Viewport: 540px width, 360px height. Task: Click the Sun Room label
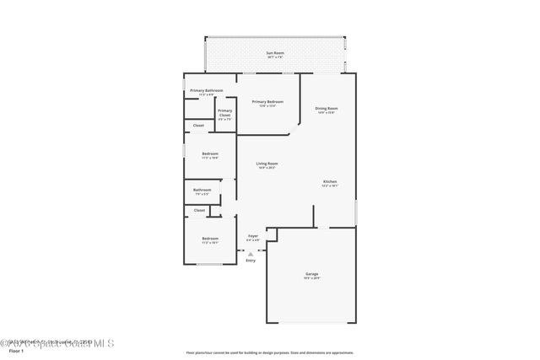coord(275,53)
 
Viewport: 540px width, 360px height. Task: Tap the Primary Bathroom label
coord(206,90)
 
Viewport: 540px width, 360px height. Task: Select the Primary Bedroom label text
coord(267,101)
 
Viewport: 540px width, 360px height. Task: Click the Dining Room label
coord(327,108)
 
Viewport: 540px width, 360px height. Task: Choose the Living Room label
coord(267,164)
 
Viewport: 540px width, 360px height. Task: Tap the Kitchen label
coord(330,182)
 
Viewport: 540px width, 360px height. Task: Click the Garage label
coord(311,274)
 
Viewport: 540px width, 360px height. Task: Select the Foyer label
coord(252,236)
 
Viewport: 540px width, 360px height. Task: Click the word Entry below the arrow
coord(251,261)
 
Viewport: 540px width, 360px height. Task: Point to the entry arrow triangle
coord(251,252)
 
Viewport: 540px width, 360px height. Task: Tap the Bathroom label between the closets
coord(202,190)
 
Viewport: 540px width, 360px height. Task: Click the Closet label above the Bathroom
coord(198,126)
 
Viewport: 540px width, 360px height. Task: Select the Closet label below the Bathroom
coord(199,210)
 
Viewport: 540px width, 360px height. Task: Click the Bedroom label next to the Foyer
coord(210,239)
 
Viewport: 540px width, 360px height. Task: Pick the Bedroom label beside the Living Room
coord(210,153)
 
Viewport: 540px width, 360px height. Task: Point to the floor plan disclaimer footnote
coord(270,352)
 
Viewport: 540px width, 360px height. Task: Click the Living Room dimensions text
coord(267,168)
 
